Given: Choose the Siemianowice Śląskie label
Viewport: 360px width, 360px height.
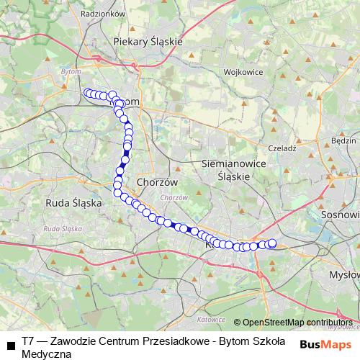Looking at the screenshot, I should (225, 170).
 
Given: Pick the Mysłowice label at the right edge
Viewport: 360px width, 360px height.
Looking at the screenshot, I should (344, 275).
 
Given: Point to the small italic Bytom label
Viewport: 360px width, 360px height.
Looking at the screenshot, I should (71, 73).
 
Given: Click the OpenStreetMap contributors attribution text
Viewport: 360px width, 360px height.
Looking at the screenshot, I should (298, 322).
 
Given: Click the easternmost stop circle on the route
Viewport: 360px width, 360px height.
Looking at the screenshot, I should (272, 243).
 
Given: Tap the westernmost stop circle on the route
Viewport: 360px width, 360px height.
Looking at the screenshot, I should (88, 92).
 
